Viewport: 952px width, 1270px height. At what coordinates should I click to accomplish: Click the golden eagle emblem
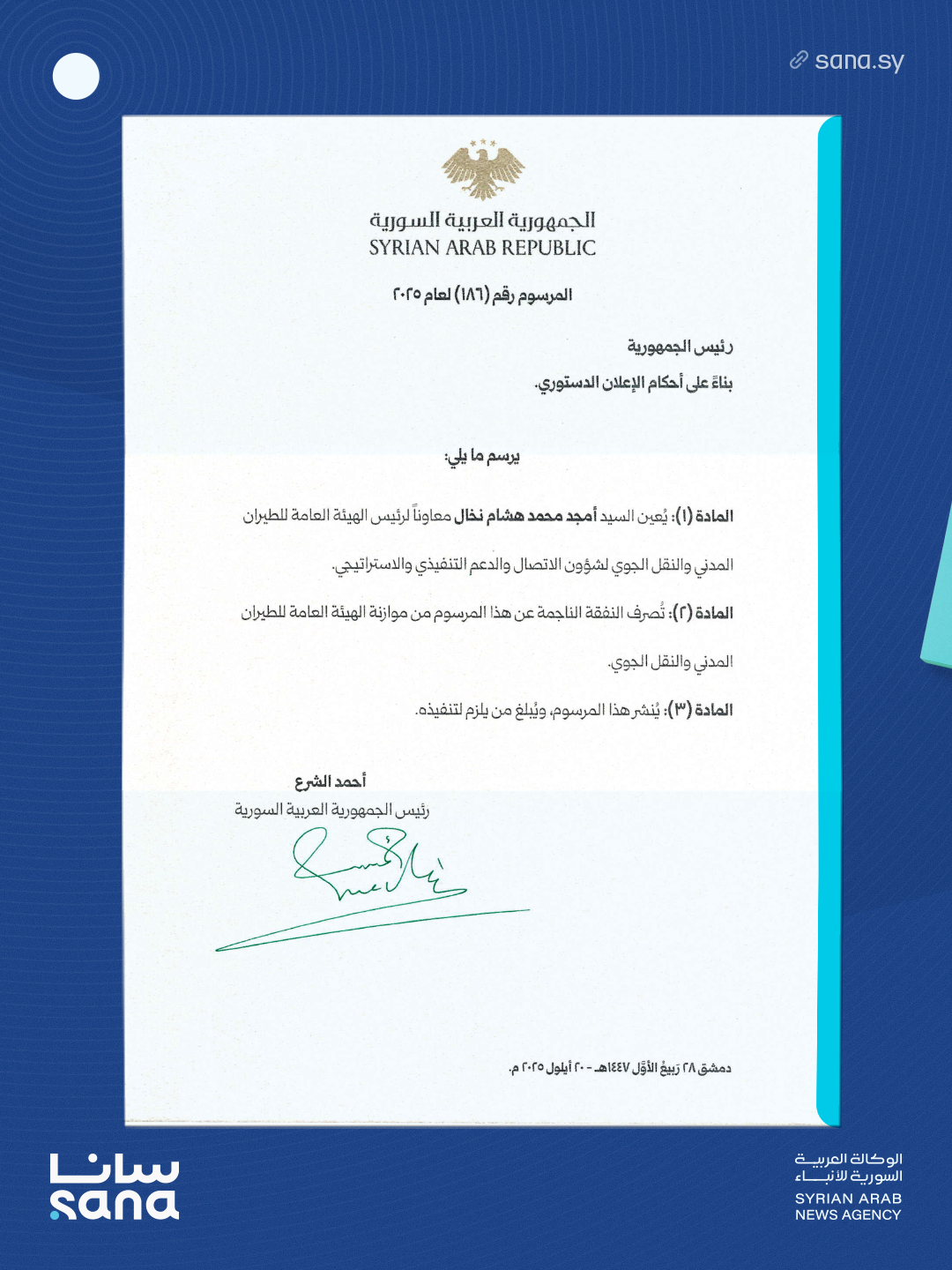[x=482, y=169]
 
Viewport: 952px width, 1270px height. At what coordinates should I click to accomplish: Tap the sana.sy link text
[x=859, y=61]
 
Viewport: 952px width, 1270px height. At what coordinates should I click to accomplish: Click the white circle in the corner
[x=76, y=76]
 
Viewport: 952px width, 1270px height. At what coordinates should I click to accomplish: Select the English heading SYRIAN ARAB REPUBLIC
[x=482, y=248]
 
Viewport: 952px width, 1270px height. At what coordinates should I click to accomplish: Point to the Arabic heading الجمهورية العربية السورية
[x=482, y=220]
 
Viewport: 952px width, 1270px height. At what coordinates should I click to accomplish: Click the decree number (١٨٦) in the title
[x=471, y=295]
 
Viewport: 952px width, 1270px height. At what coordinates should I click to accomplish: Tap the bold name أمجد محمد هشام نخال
[x=524, y=516]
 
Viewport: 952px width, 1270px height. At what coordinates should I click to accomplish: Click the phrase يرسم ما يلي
[x=482, y=456]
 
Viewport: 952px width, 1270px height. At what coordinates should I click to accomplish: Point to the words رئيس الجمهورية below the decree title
[x=680, y=347]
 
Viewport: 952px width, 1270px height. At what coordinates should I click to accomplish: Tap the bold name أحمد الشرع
[x=331, y=781]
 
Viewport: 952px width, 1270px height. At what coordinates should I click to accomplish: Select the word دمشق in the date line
[x=715, y=1068]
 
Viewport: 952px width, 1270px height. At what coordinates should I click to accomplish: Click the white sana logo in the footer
[x=115, y=1186]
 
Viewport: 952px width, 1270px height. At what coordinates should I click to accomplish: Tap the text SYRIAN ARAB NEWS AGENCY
[x=848, y=1206]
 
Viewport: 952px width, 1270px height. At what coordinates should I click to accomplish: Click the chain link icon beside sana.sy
[x=799, y=60]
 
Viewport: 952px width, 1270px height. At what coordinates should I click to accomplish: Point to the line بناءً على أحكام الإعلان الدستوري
[x=634, y=383]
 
